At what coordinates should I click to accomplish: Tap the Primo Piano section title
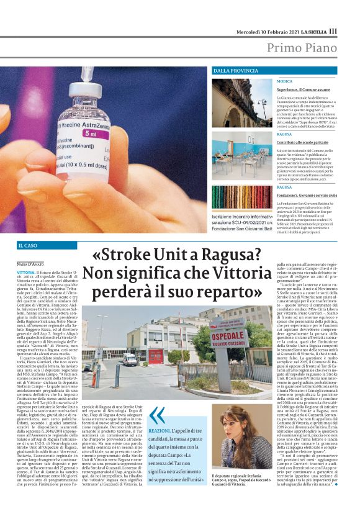coord(302,48)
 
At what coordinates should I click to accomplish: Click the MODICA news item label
coord(284,81)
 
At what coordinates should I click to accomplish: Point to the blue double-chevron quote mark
coord(157,415)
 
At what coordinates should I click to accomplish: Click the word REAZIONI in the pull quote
coord(160,430)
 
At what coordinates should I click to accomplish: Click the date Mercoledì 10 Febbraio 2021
coord(265,31)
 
